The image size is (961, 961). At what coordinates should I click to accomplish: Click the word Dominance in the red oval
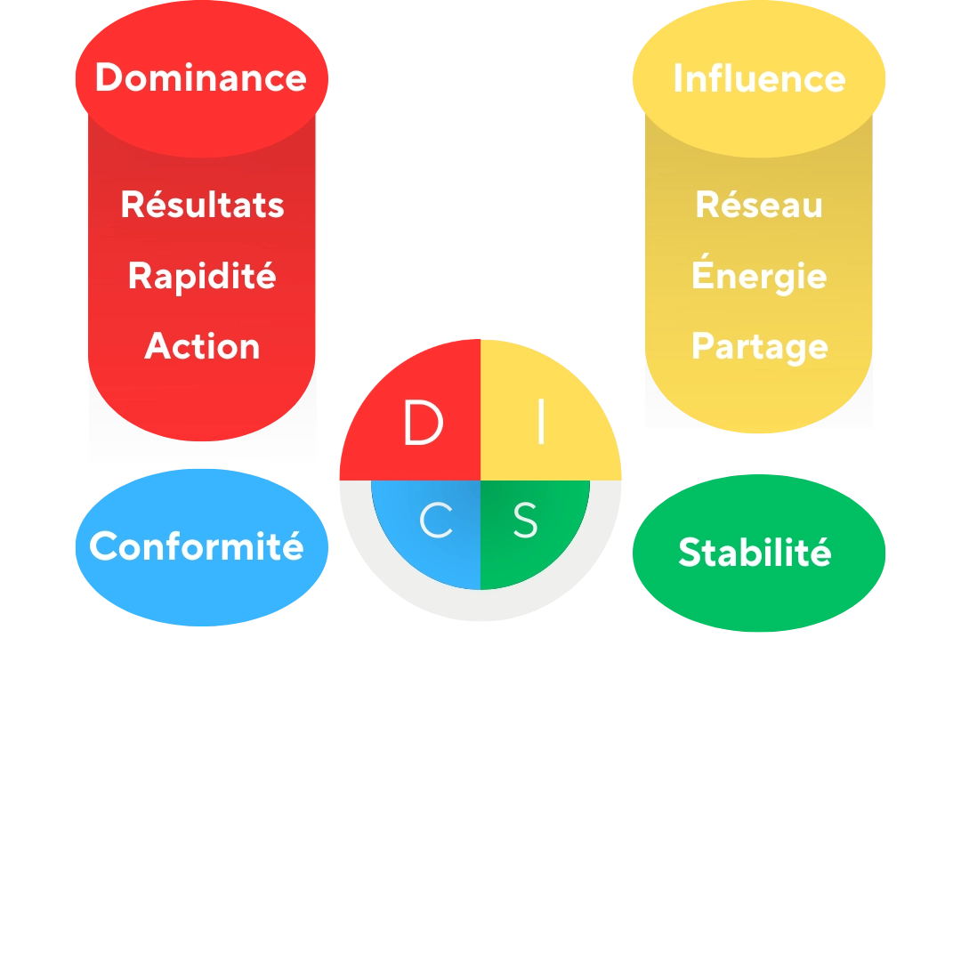point(201,77)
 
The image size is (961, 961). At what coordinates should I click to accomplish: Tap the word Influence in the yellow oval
point(759,78)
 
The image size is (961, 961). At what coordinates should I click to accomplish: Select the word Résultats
point(202,205)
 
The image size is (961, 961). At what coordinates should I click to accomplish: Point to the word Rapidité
point(202,276)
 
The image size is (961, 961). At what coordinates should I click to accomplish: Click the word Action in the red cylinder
point(202,346)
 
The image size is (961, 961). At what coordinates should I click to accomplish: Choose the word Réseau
point(759,205)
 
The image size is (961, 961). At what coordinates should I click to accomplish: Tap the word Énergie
point(759,276)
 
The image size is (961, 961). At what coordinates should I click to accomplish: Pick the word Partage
point(759,346)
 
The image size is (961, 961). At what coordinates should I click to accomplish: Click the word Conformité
point(197,546)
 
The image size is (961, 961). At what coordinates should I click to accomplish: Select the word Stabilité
point(755,553)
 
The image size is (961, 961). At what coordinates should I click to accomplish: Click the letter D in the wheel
point(423,424)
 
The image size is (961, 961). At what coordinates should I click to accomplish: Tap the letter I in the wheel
point(541,424)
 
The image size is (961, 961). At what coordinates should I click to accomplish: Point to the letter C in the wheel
point(436,521)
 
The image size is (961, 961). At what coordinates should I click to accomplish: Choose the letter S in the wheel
point(526,521)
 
